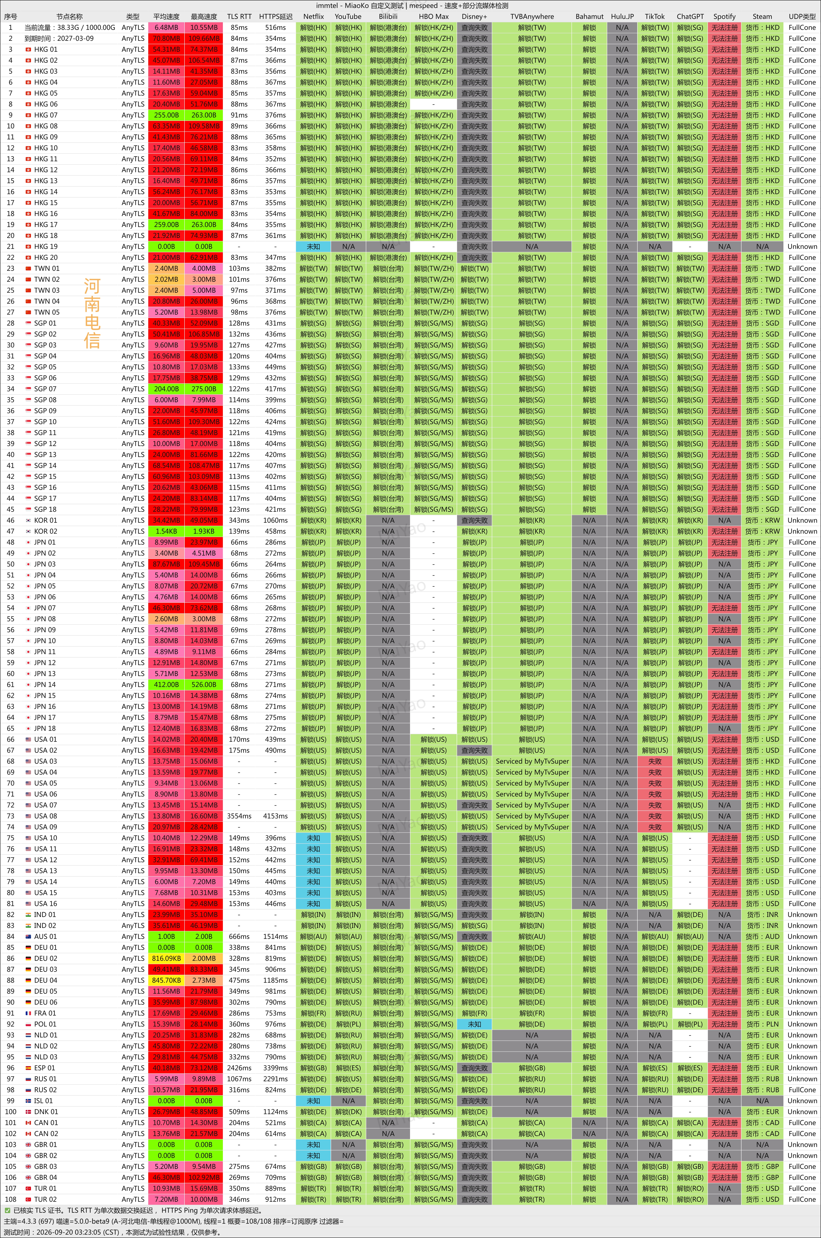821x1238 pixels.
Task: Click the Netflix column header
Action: pos(313,16)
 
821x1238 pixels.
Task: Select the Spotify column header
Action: pos(724,16)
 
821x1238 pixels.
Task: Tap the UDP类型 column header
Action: pos(802,16)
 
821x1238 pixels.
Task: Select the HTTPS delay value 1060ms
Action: pos(275,520)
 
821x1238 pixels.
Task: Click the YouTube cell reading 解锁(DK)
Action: pos(348,1112)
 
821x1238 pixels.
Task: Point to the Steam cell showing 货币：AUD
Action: pos(762,936)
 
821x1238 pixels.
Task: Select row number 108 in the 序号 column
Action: pos(10,1199)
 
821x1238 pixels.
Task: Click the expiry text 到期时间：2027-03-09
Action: pos(59,38)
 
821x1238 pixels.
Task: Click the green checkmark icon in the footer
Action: pos(7,1210)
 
